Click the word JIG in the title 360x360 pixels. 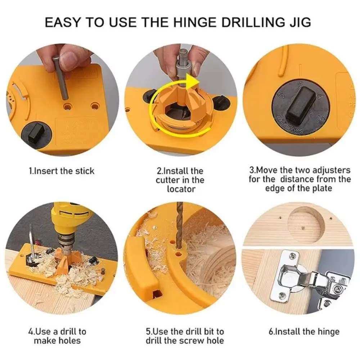[x=300, y=22]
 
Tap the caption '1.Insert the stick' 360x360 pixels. [x=61, y=171]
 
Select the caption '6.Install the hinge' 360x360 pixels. [x=304, y=332]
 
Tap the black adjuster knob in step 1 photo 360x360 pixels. [x=35, y=133]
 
